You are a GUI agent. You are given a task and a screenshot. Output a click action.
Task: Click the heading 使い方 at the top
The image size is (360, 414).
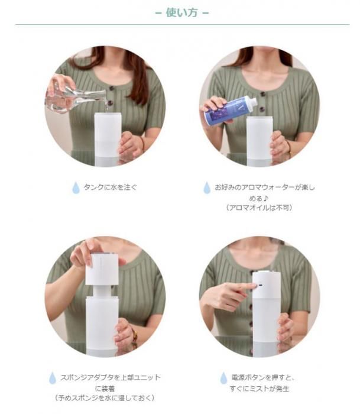[x=181, y=12]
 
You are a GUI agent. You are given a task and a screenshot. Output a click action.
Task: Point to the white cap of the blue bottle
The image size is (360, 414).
[x=251, y=101]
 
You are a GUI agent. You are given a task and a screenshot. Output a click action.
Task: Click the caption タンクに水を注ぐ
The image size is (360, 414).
[x=111, y=187]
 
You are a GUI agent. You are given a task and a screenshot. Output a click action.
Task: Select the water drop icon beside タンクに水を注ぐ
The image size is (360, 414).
[x=76, y=187]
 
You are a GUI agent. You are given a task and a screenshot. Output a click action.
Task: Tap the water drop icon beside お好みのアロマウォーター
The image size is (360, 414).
[x=207, y=187]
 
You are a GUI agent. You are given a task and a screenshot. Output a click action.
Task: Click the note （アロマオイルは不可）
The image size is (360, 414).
[x=259, y=208]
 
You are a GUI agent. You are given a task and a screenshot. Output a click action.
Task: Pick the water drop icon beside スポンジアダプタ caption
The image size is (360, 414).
[x=53, y=378]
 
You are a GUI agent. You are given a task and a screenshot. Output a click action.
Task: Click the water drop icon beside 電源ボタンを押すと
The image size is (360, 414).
[x=223, y=378]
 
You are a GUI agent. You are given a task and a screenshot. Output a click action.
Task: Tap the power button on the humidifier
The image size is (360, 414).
[x=260, y=286]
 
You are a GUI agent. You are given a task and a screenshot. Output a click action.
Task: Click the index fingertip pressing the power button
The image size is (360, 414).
[x=254, y=286]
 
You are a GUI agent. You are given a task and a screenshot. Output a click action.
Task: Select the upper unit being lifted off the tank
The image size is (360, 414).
[x=101, y=269]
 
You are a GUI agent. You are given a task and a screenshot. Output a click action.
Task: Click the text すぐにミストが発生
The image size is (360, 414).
[x=259, y=389]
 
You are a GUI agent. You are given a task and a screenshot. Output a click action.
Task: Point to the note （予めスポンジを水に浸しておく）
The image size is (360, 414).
[x=105, y=398]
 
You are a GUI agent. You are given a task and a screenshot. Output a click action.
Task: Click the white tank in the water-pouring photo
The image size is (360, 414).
[x=108, y=139]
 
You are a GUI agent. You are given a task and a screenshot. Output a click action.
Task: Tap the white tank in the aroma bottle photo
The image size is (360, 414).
[x=259, y=141]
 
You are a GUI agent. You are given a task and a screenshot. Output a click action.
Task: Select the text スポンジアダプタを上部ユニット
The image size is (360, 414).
[x=111, y=377]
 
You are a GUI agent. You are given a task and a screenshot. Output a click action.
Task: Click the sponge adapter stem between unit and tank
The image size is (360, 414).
[x=102, y=291]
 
